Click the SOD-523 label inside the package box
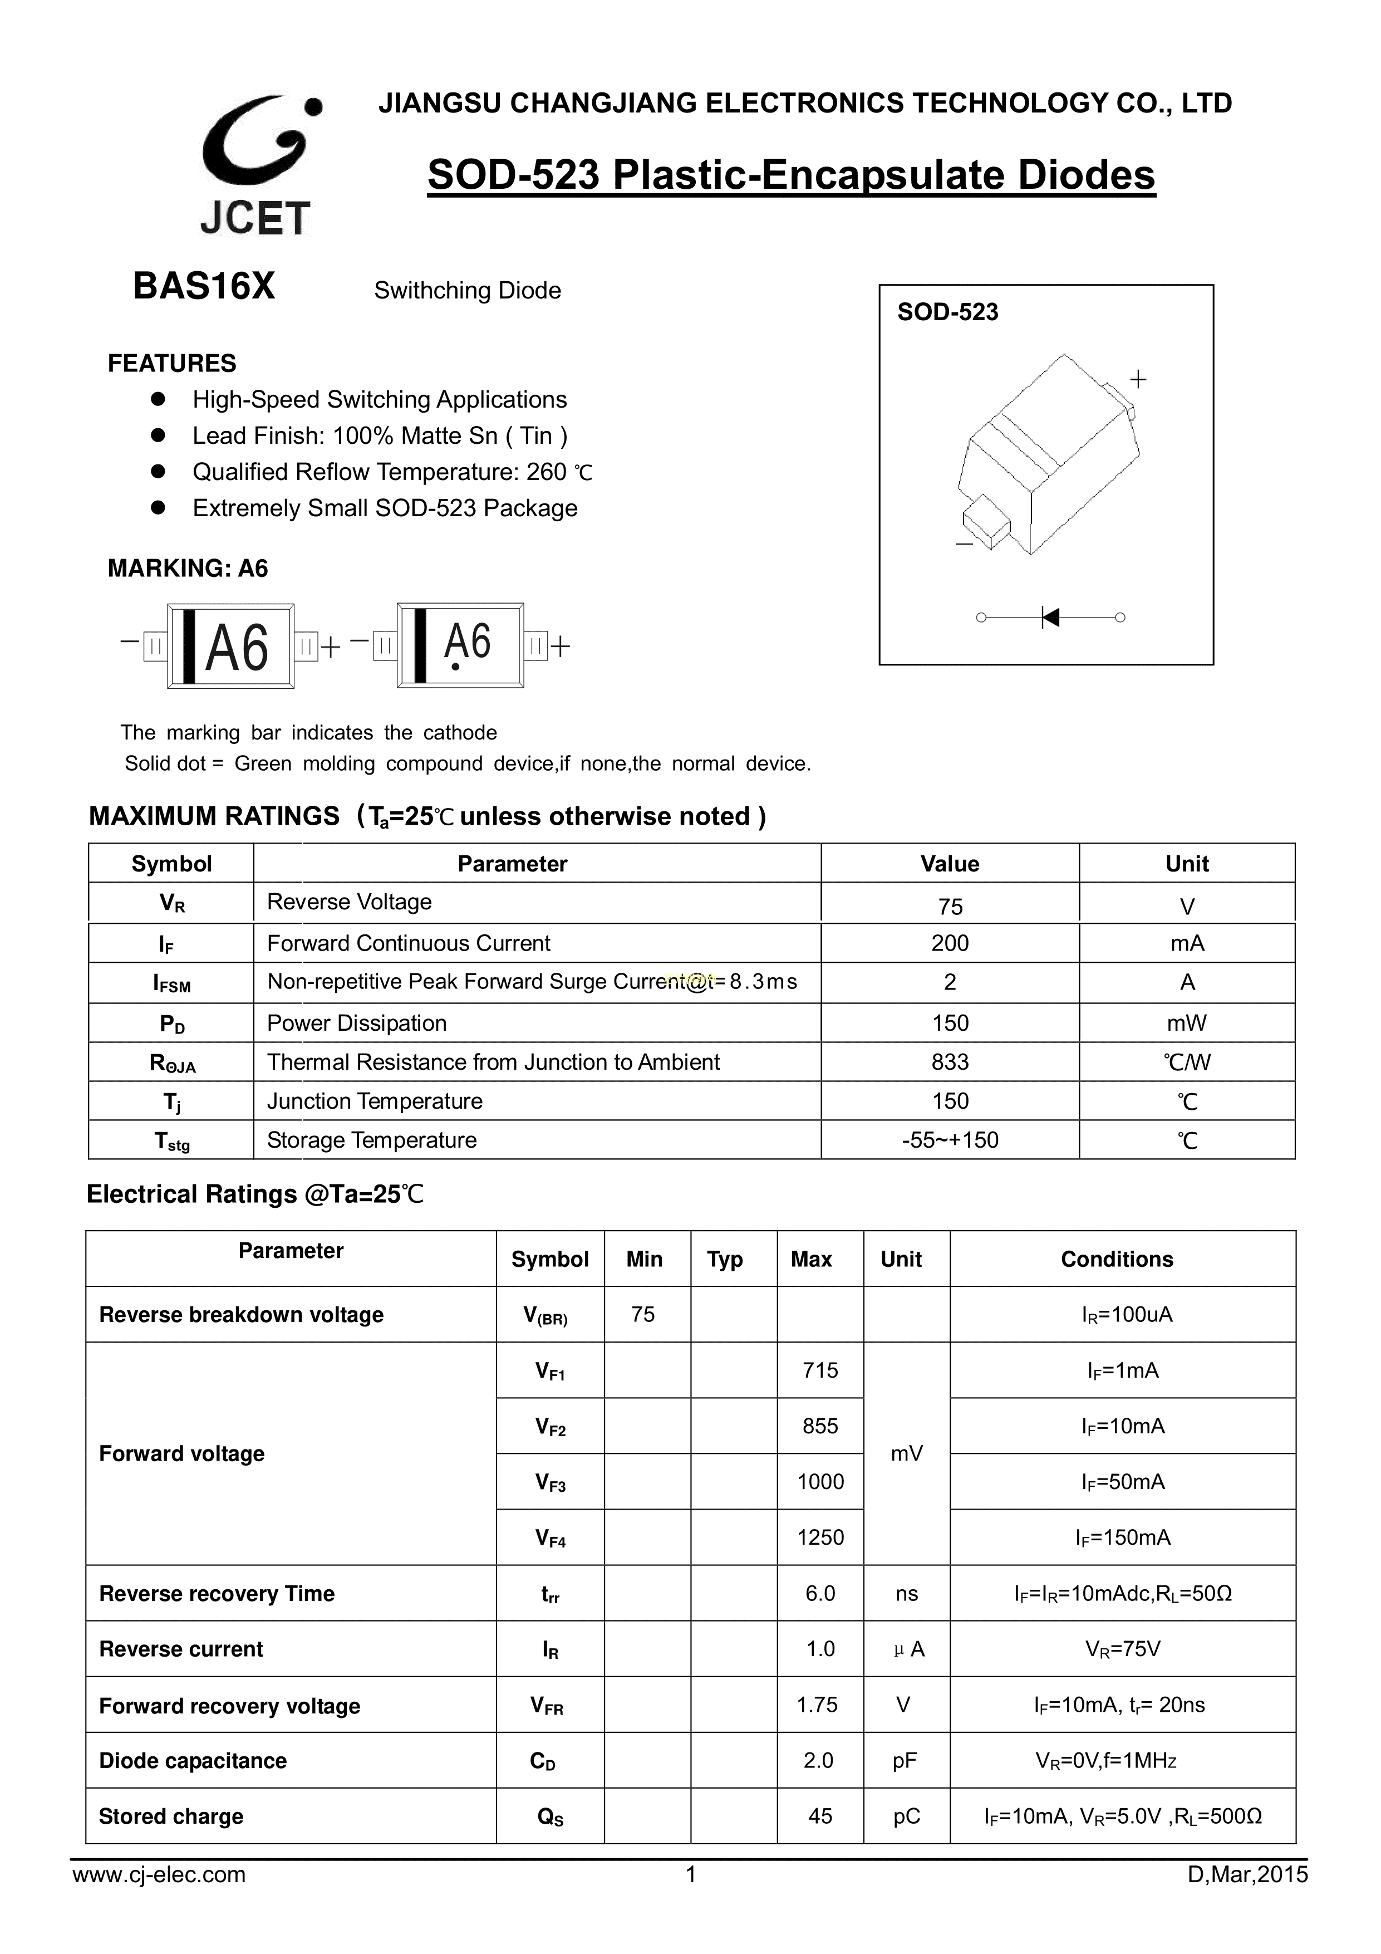[947, 312]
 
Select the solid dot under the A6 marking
[456, 667]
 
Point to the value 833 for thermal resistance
[950, 1062]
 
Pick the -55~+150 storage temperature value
[950, 1140]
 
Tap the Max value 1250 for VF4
[820, 1537]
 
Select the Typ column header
[725, 1260]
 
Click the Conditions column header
[1117, 1260]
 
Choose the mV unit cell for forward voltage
[906, 1453]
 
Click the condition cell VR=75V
[1122, 1649]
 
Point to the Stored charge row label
[171, 1816]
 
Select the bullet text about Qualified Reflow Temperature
[392, 472]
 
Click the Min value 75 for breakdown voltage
[643, 1315]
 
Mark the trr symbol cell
[550, 1594]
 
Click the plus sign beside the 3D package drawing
[1138, 379]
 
